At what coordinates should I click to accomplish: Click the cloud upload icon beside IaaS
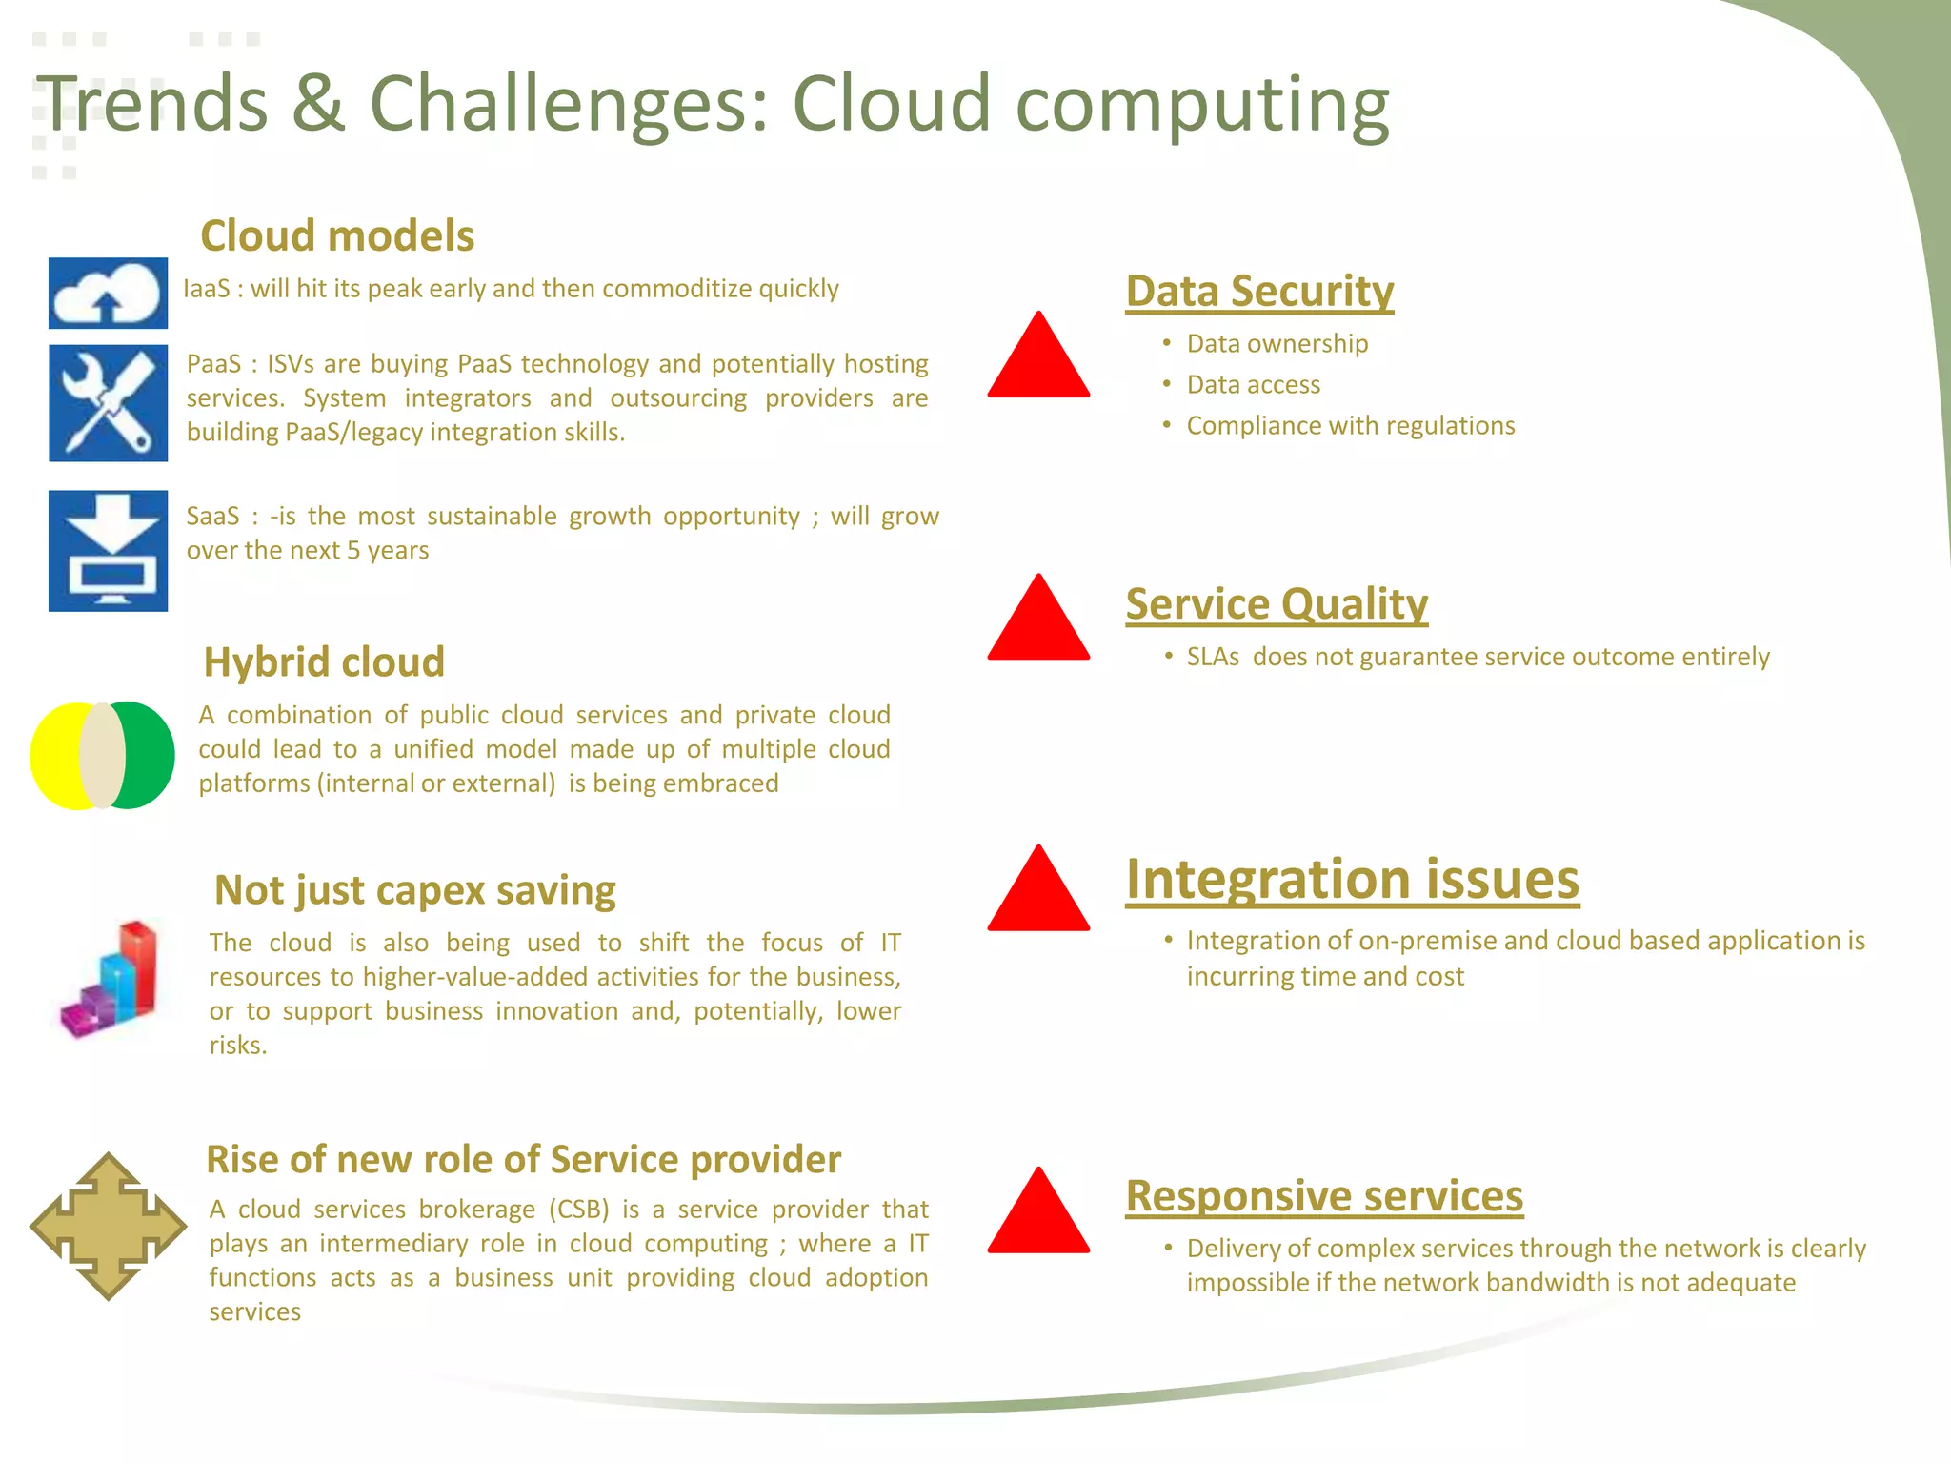click(108, 294)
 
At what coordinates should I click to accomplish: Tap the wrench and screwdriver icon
click(108, 403)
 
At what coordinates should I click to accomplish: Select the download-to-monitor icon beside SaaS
click(108, 551)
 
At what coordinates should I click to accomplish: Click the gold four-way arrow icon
click(108, 1227)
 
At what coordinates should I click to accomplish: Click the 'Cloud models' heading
click(337, 235)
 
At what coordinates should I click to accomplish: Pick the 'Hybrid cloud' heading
click(324, 661)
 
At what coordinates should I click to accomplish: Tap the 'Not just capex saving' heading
click(414, 890)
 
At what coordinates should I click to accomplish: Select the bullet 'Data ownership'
click(1277, 343)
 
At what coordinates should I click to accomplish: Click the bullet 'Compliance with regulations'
click(1350, 425)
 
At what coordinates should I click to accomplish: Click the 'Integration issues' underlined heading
click(1352, 879)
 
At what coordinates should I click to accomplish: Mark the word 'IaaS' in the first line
click(206, 289)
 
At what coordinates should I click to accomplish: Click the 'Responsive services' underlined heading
click(1324, 1195)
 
